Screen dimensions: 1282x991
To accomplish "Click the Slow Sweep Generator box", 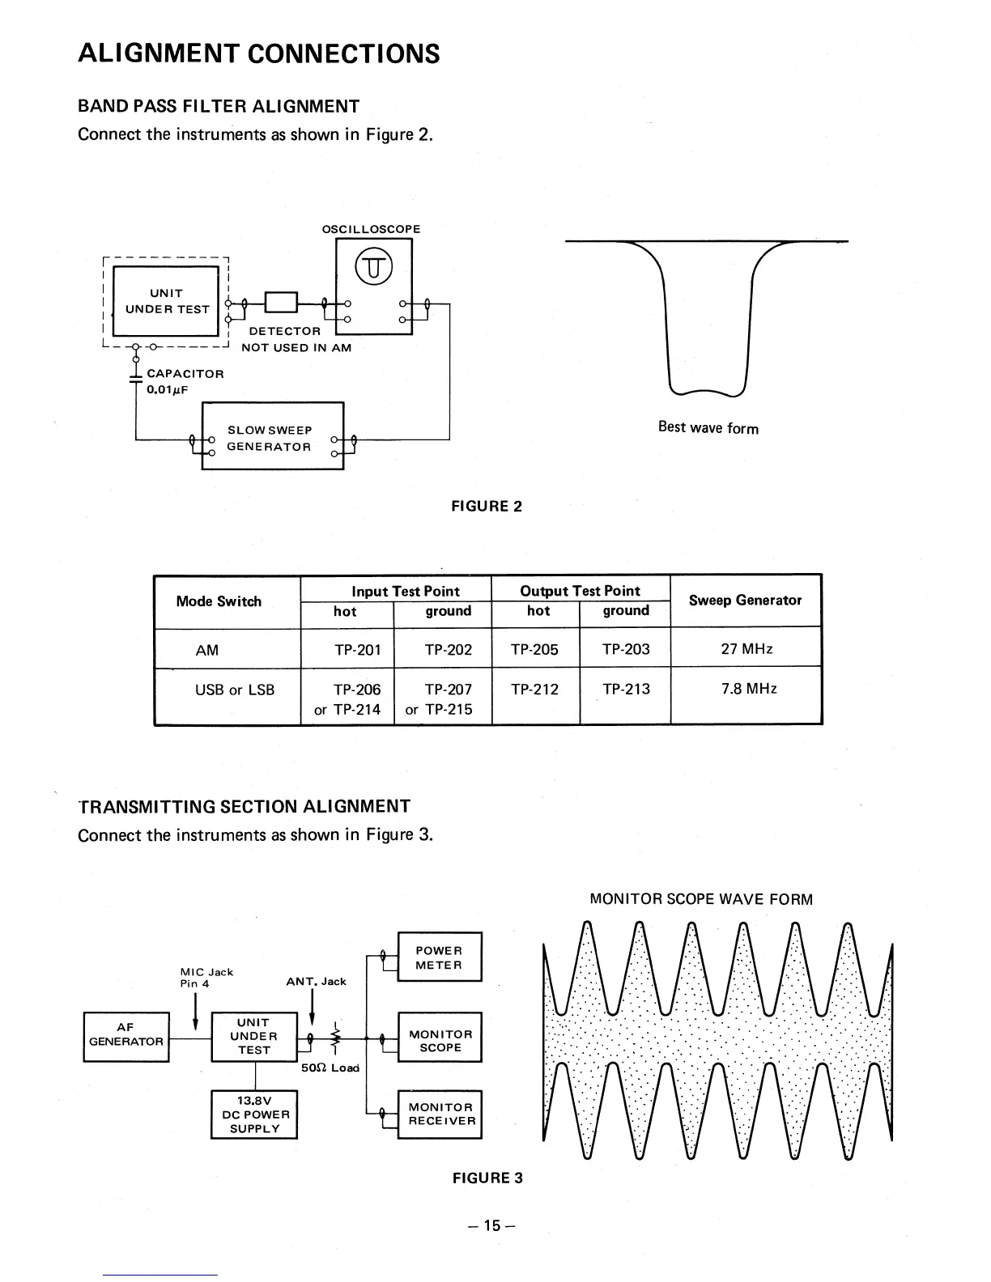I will click(x=272, y=438).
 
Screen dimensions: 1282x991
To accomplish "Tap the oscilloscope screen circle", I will click(x=372, y=265).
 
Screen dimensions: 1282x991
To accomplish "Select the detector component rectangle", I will click(x=282, y=303).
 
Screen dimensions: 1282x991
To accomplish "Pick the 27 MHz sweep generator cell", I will click(x=746, y=648).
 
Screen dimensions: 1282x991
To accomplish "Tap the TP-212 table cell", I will click(x=534, y=689).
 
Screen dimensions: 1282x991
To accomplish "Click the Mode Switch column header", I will click(x=219, y=601).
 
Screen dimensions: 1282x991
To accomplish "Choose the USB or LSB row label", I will click(x=235, y=690).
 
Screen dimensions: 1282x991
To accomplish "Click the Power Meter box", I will click(x=440, y=957).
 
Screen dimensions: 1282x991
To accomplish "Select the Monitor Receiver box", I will click(x=440, y=1114).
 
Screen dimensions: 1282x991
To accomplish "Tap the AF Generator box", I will click(x=126, y=1035).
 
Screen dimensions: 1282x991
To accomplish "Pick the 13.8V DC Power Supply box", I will click(x=254, y=1114).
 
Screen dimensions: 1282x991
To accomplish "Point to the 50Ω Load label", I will click(x=330, y=1068).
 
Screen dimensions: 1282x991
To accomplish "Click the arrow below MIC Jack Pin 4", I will click(x=196, y=1012).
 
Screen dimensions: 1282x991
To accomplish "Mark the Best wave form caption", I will click(x=708, y=427).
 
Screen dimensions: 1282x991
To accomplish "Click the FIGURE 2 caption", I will click(x=487, y=507).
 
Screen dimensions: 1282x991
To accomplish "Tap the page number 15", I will click(x=491, y=1225).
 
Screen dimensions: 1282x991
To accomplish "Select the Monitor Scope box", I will click(x=440, y=1040).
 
